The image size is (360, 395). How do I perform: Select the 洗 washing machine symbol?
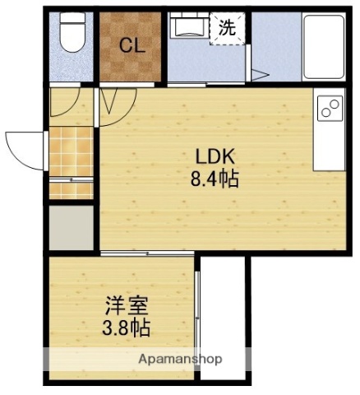coord(227,27)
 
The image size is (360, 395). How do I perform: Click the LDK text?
coord(216,156)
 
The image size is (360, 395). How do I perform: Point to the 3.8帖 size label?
coord(126,328)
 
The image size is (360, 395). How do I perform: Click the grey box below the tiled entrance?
coord(71,226)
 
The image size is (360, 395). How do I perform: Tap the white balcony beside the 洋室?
coord(224,317)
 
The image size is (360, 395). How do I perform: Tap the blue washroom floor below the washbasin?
coord(205,62)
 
